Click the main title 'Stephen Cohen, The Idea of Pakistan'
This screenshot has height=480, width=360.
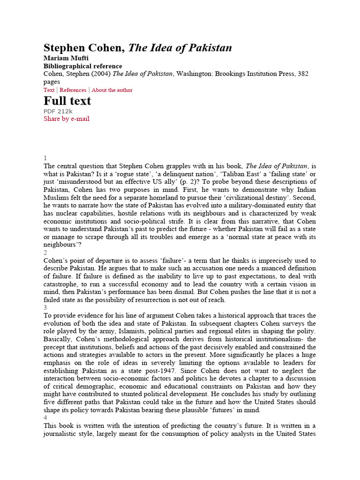click(x=137, y=48)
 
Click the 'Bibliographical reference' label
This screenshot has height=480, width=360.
click(x=82, y=66)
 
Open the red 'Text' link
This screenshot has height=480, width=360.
click(x=49, y=90)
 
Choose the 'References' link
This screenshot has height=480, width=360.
click(x=73, y=90)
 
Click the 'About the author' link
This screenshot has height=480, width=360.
click(x=112, y=90)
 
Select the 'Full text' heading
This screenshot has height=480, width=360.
click(x=67, y=101)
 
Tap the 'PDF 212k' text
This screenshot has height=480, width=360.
click(x=58, y=111)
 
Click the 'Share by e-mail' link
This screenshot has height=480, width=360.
click(x=66, y=119)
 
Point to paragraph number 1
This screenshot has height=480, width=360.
click(x=45, y=158)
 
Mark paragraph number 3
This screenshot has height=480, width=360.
click(x=45, y=307)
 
